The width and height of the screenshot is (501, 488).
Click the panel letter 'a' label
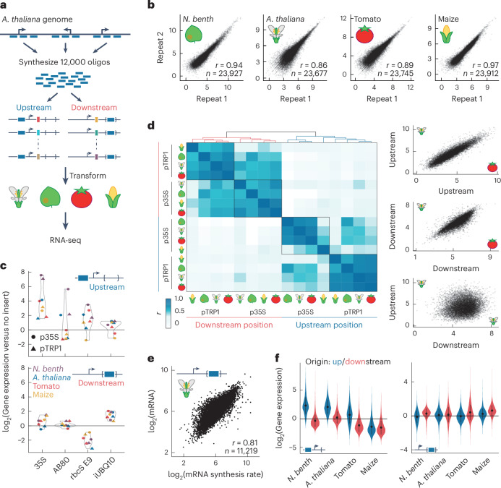tap(4, 6)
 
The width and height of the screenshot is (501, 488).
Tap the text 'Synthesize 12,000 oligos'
tap(64, 62)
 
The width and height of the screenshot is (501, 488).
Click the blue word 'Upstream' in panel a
tap(34, 108)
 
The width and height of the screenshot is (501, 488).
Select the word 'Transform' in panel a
tap(87, 176)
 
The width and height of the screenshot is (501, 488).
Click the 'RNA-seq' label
tap(66, 240)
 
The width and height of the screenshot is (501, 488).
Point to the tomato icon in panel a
tap(82, 197)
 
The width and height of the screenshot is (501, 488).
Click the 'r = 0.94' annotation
tap(228, 65)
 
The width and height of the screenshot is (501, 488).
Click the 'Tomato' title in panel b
tap(367, 20)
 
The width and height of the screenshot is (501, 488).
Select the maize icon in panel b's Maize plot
tap(447, 35)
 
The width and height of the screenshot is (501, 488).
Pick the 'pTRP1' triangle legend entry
tap(46, 348)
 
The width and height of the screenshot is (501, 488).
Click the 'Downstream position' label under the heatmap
tap(234, 325)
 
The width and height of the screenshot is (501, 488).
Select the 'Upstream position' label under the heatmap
tap(329, 325)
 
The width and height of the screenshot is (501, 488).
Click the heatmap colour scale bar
tap(168, 313)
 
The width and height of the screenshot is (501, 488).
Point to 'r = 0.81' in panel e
tap(245, 442)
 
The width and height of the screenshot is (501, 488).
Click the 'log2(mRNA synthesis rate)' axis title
tap(215, 474)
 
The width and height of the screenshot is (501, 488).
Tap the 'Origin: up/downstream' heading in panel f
tap(348, 361)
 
